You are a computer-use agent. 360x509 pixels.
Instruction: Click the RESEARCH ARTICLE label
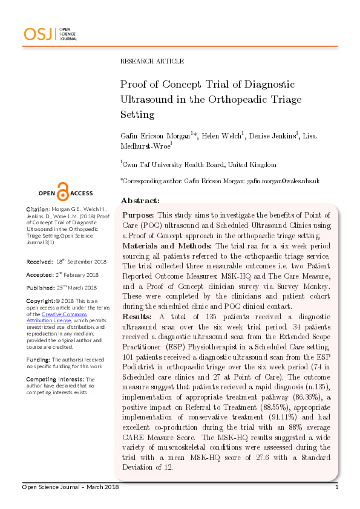click(152, 61)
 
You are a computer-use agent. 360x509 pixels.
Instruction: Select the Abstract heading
click(140, 200)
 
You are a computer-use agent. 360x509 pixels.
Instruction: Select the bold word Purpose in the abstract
click(138, 215)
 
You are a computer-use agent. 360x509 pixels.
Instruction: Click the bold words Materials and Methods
click(167, 246)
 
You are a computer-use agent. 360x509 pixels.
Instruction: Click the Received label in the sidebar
click(39, 262)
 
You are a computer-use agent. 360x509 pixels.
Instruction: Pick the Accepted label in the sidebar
click(40, 274)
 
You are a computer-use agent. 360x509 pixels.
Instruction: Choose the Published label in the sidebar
click(41, 287)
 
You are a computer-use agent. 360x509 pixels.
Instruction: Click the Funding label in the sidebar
click(38, 358)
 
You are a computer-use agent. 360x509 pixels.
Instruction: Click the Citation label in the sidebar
click(38, 209)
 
